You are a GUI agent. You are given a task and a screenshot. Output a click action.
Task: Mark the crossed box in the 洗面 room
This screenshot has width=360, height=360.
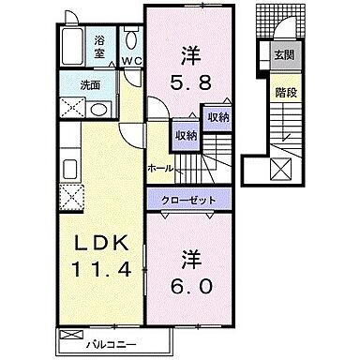[68, 107]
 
